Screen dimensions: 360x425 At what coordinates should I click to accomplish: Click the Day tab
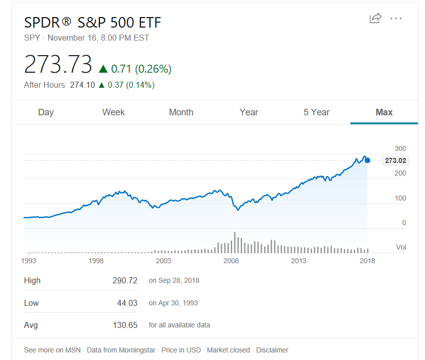[x=46, y=112]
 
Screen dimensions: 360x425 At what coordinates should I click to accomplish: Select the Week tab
[x=113, y=112]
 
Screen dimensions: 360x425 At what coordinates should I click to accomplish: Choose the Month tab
[x=181, y=112]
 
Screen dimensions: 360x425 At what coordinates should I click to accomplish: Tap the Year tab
[x=249, y=112]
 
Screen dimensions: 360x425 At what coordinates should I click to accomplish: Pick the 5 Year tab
[x=316, y=112]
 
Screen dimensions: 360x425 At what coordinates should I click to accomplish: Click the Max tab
[x=384, y=112]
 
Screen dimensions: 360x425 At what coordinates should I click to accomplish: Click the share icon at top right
[x=375, y=19]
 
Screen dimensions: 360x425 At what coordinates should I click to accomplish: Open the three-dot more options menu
[x=396, y=19]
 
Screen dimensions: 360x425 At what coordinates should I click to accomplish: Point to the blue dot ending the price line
[x=367, y=160]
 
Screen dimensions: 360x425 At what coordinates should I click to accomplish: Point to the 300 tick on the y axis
[x=400, y=148]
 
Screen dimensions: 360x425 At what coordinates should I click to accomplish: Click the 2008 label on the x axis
[x=231, y=261]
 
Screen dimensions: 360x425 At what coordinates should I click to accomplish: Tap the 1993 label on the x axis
[x=29, y=261]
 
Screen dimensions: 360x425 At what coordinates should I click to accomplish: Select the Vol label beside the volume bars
[x=401, y=247]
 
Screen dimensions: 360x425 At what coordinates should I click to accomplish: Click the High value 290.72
[x=125, y=281]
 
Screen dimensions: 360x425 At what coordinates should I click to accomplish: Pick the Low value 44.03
[x=127, y=303]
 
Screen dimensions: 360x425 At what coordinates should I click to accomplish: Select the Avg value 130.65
[x=125, y=325]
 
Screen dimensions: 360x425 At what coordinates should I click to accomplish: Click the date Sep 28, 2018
[x=179, y=281]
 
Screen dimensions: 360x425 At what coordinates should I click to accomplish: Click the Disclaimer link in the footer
[x=272, y=350]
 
